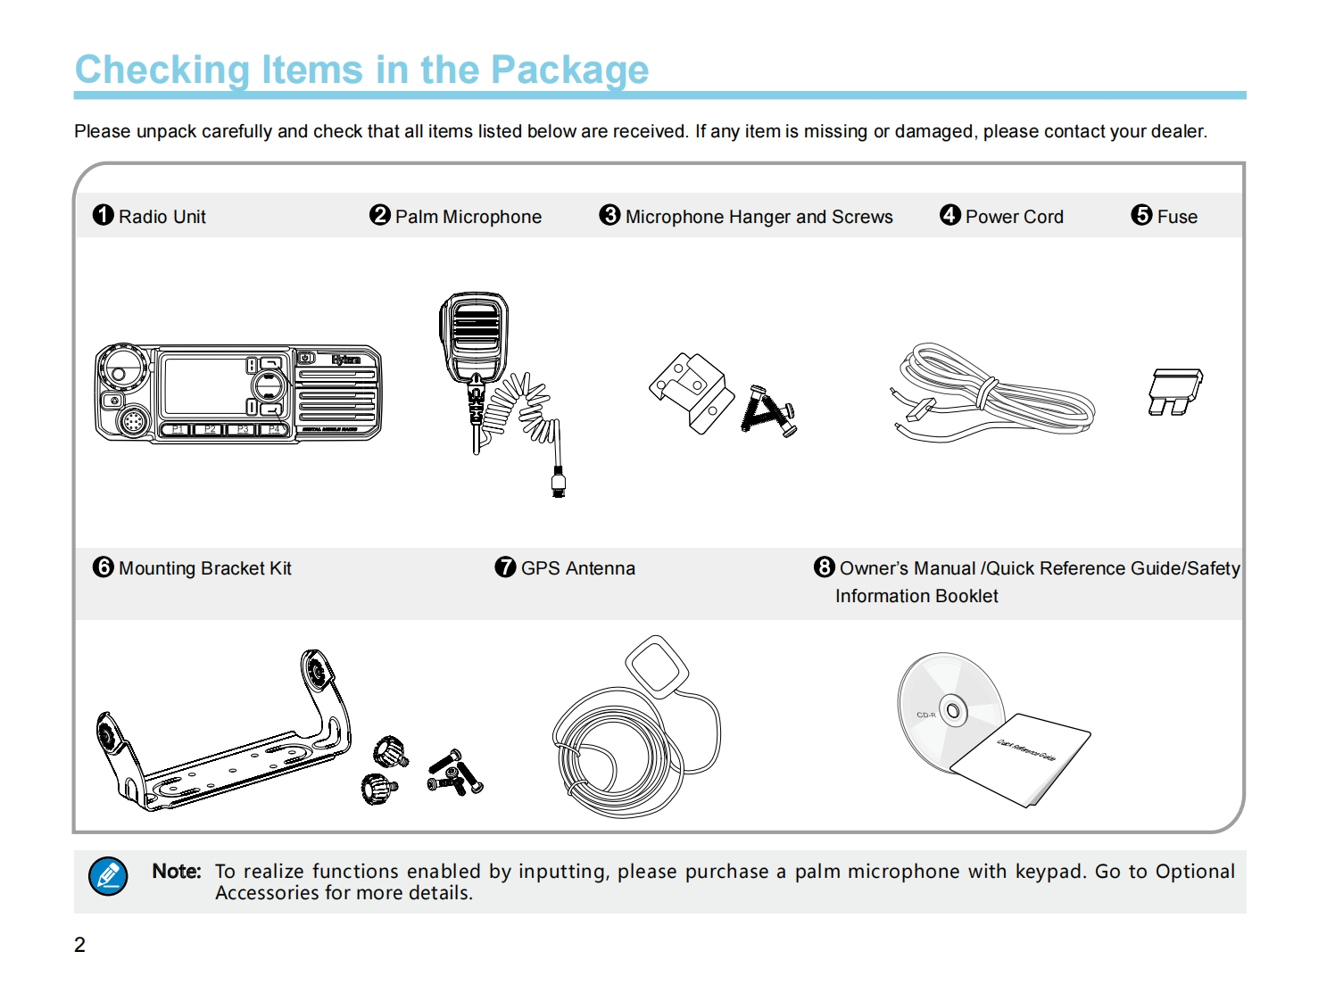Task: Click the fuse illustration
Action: point(1174,392)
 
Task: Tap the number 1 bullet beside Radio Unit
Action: point(104,215)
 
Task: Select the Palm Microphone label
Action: point(468,217)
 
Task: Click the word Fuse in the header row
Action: point(1177,217)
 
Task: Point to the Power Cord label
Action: point(1014,217)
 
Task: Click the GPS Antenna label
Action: point(577,568)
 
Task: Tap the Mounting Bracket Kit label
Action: point(204,568)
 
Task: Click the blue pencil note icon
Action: point(108,876)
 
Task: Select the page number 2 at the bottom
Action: point(79,945)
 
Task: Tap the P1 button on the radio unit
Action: point(178,430)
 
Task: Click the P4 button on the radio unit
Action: point(274,430)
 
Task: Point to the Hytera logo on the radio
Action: point(345,360)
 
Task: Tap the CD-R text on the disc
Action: point(925,715)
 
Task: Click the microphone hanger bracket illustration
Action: point(690,392)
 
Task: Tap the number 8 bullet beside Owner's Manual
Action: point(825,567)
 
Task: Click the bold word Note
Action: point(176,871)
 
